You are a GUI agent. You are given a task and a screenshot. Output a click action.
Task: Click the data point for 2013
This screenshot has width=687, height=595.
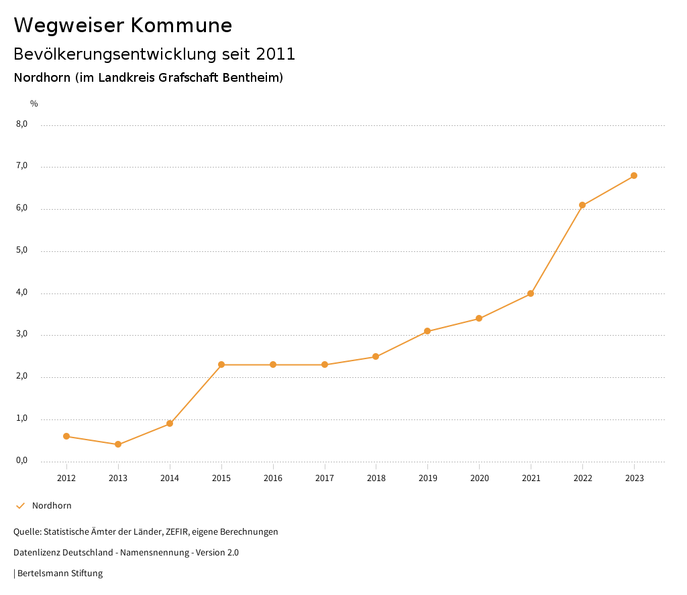point(118,444)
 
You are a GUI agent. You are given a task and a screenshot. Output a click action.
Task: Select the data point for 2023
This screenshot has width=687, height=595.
point(634,176)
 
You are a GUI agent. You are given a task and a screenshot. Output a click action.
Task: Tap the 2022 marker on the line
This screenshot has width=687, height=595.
point(582,205)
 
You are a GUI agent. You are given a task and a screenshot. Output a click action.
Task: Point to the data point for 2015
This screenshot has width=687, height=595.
point(221,365)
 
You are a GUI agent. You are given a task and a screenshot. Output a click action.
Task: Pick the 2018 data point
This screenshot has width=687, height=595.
point(376,356)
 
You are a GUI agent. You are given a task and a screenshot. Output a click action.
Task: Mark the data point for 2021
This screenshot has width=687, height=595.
point(531,293)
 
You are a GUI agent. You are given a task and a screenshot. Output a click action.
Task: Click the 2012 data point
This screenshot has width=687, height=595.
point(66,436)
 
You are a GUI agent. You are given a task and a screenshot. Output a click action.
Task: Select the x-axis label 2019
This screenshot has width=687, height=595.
point(427,478)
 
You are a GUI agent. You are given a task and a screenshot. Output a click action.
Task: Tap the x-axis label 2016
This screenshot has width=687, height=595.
point(273,478)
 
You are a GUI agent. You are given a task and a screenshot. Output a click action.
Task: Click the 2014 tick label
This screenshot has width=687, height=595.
point(170,478)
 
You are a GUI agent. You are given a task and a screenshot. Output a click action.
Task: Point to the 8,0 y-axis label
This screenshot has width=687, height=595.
point(21,124)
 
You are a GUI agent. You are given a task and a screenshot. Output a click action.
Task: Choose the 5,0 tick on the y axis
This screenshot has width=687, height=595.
point(21,250)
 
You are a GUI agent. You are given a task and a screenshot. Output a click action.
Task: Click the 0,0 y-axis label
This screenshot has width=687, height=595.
point(21,460)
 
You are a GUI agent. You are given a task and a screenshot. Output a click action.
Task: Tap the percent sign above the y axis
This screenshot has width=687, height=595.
point(34,104)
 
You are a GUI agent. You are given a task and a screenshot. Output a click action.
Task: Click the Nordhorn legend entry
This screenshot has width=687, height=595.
point(52,506)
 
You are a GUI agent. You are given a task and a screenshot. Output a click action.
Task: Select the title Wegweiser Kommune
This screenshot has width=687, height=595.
point(123,25)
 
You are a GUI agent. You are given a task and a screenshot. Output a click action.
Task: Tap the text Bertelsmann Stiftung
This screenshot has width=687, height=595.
point(60,574)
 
